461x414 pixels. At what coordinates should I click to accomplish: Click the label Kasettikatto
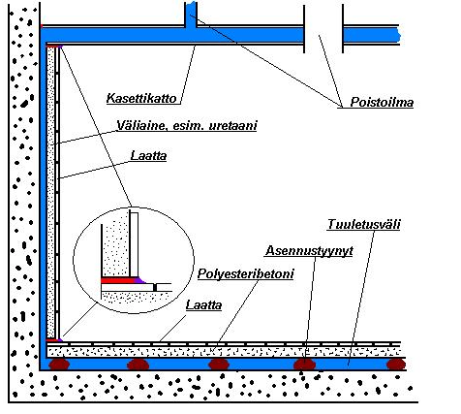tap(141, 98)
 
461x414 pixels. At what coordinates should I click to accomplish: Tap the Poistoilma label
tap(382, 102)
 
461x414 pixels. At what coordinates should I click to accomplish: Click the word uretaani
tap(232, 125)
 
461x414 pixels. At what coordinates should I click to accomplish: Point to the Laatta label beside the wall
tap(148, 156)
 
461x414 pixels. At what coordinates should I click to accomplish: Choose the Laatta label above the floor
tap(203, 305)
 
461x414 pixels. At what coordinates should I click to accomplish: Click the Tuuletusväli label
tap(364, 224)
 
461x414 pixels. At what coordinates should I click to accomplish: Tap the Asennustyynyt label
tap(309, 251)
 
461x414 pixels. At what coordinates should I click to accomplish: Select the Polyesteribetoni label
tap(245, 274)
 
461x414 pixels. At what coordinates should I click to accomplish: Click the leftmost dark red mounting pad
tap(59, 365)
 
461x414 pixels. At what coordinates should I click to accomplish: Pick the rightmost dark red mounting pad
tap(396, 365)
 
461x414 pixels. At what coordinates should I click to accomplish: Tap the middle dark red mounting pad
tap(219, 365)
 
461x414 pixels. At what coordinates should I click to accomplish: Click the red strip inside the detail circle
tap(118, 280)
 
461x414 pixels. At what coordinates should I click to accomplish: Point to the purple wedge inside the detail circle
tap(140, 280)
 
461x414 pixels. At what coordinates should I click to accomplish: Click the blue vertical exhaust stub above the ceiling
tap(191, 15)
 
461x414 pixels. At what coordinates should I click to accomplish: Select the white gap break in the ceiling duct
tap(323, 35)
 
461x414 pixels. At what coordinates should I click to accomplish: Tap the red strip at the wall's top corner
tap(52, 47)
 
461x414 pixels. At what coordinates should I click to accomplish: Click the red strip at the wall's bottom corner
tap(51, 340)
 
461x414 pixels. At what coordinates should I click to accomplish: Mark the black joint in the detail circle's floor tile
tap(155, 287)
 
